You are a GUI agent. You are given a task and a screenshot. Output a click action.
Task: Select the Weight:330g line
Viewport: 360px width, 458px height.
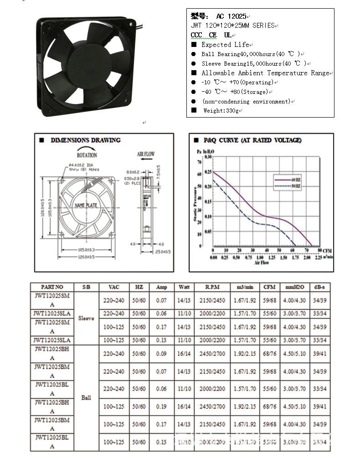pos(221,111)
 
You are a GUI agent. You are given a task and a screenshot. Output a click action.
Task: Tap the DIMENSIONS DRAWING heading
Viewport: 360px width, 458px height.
pos(85,140)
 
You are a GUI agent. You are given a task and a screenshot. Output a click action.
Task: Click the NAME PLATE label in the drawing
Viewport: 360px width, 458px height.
pos(86,206)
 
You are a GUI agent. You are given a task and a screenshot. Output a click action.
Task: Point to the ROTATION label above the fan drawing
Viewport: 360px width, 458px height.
pos(87,155)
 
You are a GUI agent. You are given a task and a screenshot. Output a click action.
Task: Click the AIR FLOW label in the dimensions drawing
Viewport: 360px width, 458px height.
pos(146,154)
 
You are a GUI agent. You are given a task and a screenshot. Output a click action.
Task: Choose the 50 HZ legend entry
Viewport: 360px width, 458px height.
pos(295,186)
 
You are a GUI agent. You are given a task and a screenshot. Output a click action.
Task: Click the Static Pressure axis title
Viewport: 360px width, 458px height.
pos(195,203)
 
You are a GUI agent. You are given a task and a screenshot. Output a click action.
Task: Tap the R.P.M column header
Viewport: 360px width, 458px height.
pos(212,287)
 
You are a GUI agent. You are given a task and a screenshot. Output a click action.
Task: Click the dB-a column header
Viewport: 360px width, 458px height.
pos(319,287)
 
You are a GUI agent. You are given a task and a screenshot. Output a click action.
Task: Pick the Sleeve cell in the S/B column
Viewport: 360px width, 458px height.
pos(86,319)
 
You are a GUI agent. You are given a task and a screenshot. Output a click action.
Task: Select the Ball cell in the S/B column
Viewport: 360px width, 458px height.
pos(86,397)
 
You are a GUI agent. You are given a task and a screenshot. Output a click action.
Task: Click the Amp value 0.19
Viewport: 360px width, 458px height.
pos(161,407)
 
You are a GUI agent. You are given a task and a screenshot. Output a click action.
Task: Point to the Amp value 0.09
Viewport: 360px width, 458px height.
pos(161,354)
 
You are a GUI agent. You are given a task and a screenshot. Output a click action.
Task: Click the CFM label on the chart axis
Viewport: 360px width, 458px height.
pos(327,251)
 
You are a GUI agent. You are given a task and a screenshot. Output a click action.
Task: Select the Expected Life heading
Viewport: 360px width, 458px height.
pos(225,45)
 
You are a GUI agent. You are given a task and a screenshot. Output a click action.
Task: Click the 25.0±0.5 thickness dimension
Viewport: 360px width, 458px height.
pos(164,251)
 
